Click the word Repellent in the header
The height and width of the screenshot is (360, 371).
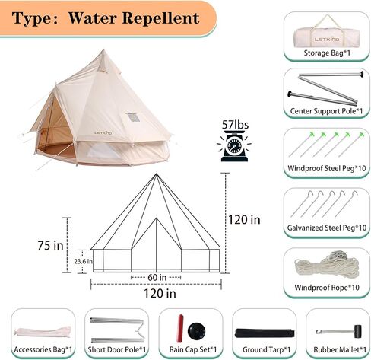[x=160, y=18]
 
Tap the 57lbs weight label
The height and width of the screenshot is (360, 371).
[x=235, y=125]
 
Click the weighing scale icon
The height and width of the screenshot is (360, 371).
[x=234, y=146]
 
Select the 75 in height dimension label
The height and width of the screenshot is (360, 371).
[x=50, y=245]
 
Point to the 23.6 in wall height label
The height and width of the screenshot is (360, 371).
[x=83, y=261]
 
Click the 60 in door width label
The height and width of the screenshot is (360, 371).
[x=157, y=277]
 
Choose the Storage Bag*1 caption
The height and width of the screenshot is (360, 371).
[x=327, y=53]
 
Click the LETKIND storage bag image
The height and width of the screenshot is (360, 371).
[x=327, y=36]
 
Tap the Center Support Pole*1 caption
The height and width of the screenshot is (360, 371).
[x=326, y=111]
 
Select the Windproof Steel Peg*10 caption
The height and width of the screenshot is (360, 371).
[x=327, y=168]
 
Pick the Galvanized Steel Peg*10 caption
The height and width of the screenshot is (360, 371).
[x=327, y=228]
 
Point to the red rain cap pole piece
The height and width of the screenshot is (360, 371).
[x=180, y=328]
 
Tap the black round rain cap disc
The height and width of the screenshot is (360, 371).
[x=197, y=331]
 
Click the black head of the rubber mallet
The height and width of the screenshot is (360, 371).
[x=357, y=331]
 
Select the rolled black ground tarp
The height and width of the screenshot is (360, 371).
[x=265, y=333]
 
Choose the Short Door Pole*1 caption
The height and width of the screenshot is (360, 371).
[x=117, y=349]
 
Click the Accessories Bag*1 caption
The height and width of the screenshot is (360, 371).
[x=43, y=349]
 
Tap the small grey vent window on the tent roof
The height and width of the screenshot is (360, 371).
[x=132, y=117]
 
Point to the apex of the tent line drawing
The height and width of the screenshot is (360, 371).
[x=156, y=174]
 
